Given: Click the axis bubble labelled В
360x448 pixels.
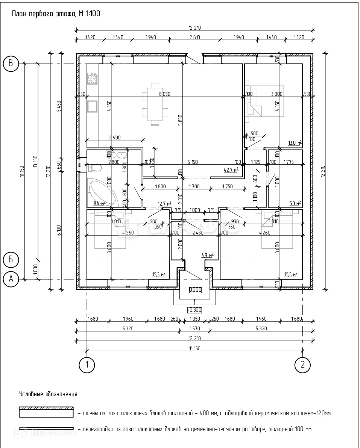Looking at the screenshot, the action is [11, 64].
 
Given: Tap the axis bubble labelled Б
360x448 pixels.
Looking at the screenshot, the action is [11, 259].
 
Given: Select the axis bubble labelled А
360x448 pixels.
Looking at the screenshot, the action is [11, 279].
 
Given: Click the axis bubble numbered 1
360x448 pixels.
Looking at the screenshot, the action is [87, 365].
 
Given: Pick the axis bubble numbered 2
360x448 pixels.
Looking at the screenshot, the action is [302, 365].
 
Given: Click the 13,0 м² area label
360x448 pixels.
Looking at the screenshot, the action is [295, 143].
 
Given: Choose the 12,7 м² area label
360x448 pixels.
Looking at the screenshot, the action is [164, 204].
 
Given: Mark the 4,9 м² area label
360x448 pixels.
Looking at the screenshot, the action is [207, 255].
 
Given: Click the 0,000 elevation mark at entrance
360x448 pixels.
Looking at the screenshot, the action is [195, 289].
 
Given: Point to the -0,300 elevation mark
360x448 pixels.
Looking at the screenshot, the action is [194, 310].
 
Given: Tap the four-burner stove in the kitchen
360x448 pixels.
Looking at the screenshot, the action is [92, 79].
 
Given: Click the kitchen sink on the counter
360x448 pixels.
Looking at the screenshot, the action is [92, 107].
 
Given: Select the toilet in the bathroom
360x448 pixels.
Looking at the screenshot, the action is [94, 168].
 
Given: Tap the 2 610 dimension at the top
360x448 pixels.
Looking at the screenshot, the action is [194, 37].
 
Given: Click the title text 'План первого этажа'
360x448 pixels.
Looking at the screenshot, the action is [43, 14].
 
